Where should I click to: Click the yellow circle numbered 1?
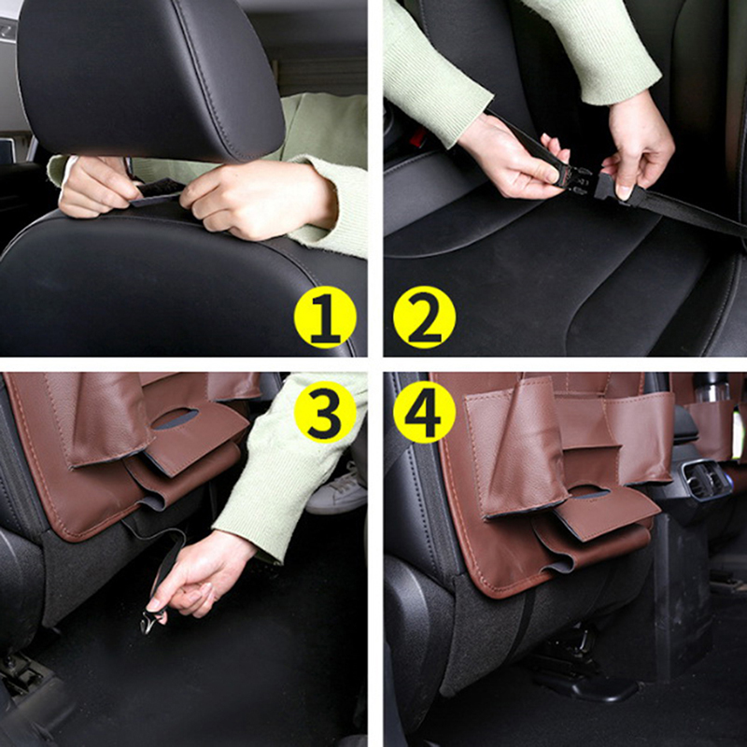coord(325,317)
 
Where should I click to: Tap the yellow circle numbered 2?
coord(424,317)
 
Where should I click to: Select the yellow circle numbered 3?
coord(325,412)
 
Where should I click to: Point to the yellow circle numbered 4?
coord(424,412)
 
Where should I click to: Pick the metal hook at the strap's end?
coord(151,620)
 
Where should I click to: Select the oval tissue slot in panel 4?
coord(589,491)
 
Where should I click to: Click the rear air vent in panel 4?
coord(704,478)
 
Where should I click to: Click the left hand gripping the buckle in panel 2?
coord(517,160)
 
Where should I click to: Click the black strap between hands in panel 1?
coord(160,191)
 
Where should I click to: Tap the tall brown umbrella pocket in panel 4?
coord(517,448)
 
